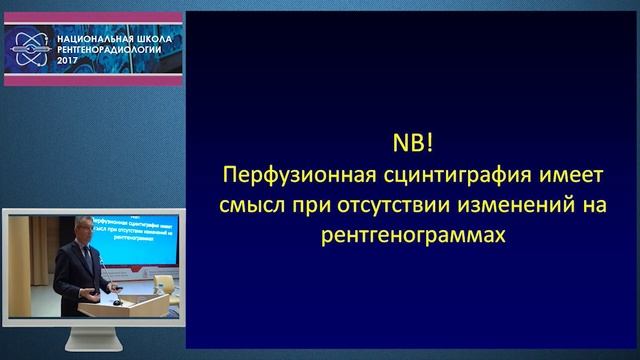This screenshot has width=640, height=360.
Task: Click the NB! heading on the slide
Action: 411,140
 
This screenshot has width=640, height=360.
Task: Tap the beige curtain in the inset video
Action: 35,260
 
